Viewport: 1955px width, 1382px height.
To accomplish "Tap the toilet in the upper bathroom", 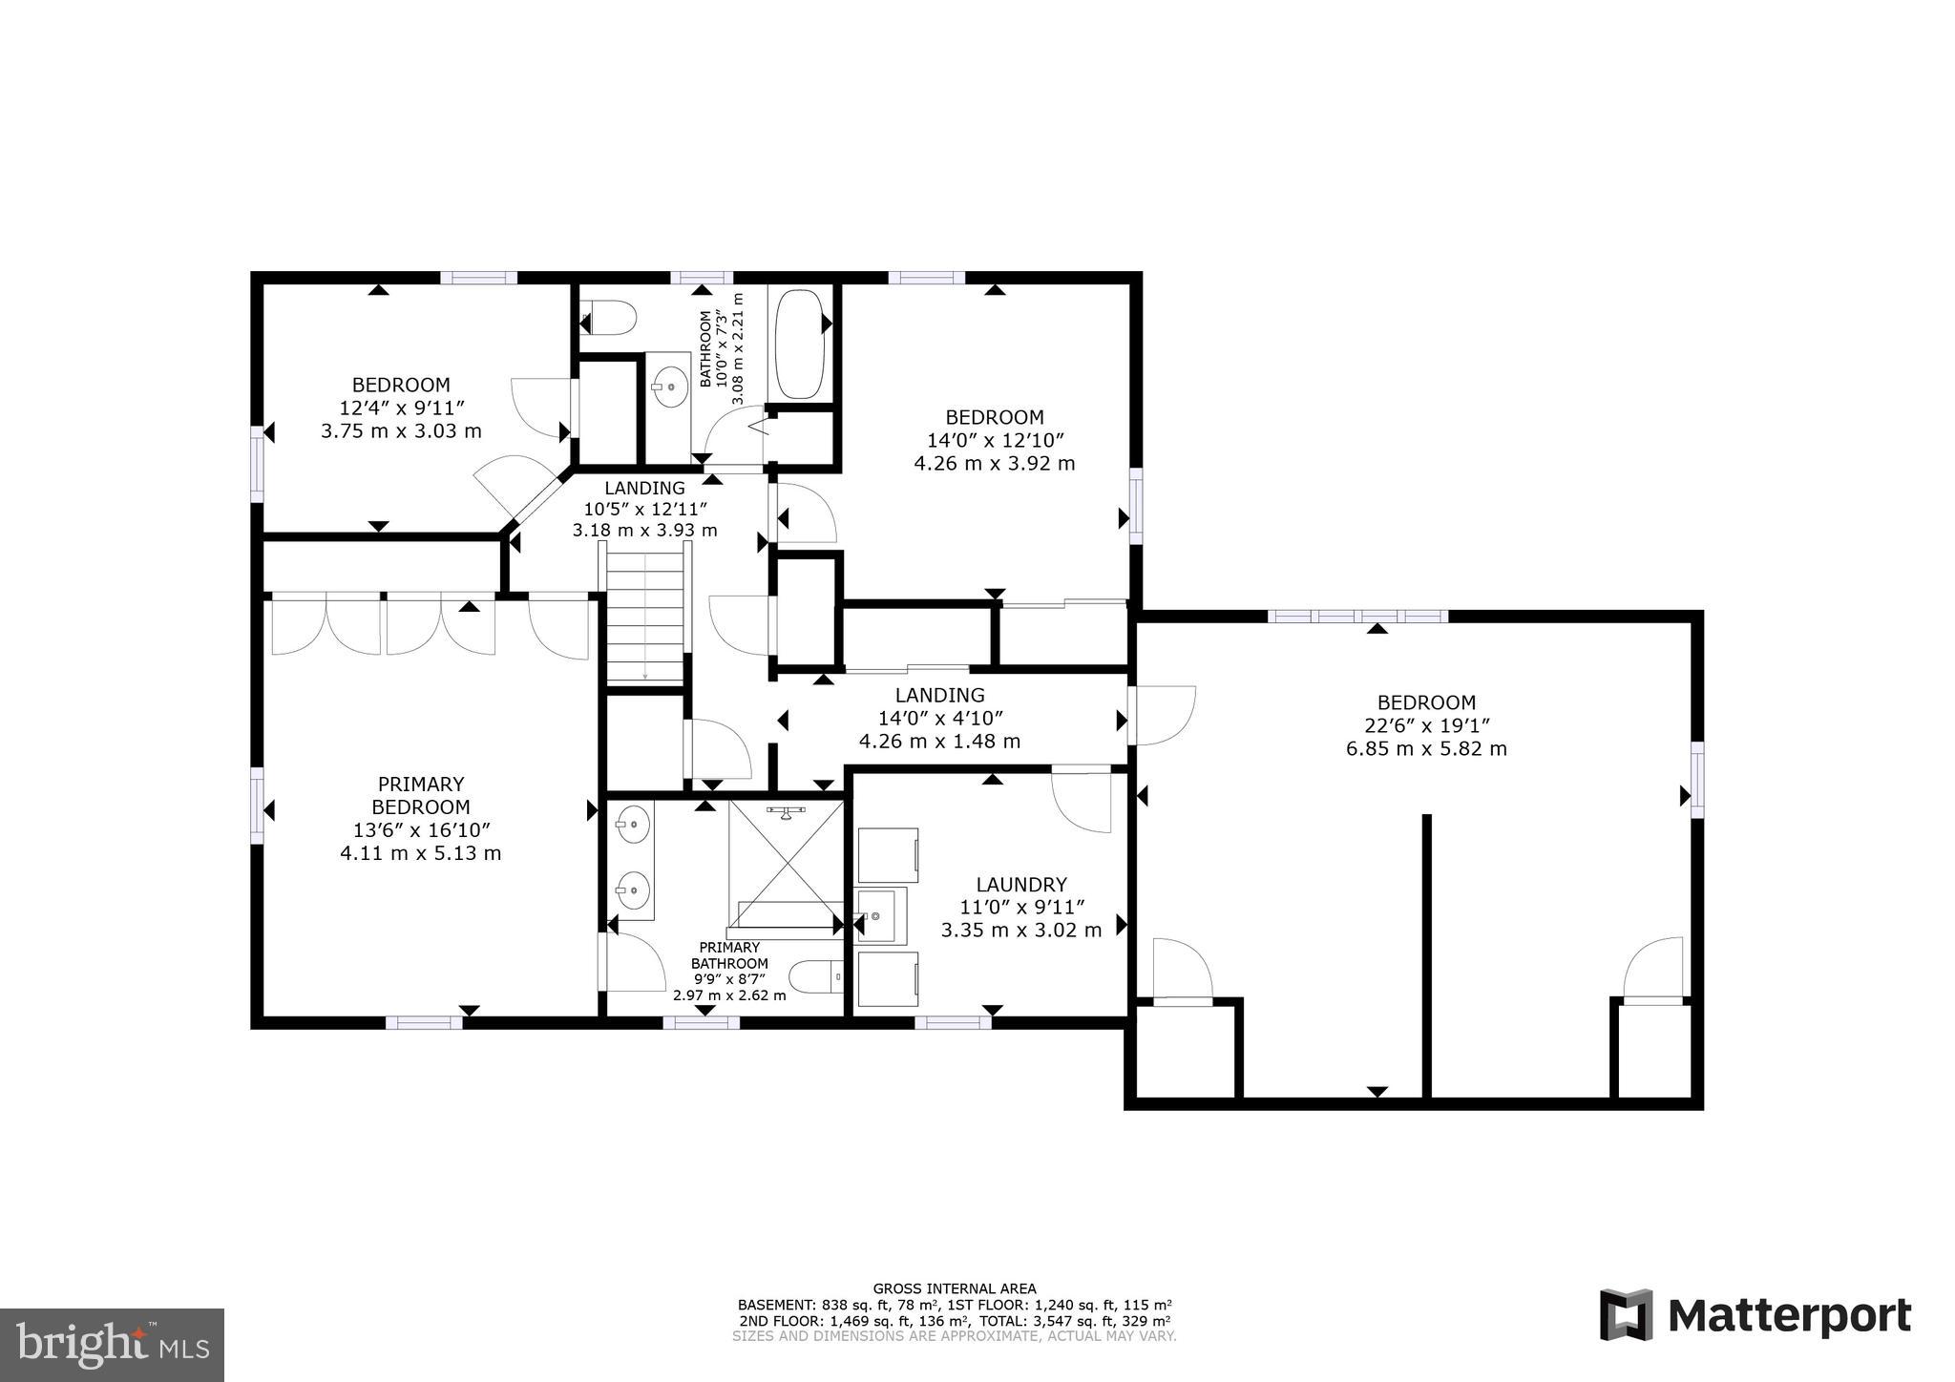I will coord(609,318).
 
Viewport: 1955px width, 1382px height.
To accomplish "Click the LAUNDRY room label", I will coord(1020,885).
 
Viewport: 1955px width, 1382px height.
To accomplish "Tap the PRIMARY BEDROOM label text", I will coord(421,795).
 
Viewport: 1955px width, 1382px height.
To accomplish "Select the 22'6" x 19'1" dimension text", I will coord(1426,725).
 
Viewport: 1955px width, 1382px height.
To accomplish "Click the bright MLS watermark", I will coord(112,1345).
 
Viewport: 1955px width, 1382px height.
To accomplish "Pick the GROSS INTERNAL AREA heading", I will coord(954,1288).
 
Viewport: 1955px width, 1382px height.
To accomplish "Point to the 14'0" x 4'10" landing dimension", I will coord(940,718).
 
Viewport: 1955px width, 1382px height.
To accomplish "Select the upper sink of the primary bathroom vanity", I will coord(631,824).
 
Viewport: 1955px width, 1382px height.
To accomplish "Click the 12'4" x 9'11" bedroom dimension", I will coord(401,408).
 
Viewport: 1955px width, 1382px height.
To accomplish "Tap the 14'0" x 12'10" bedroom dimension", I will coord(995,440).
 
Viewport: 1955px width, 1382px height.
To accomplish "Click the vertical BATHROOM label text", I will coord(706,348).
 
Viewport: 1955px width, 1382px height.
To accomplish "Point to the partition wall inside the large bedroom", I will coord(1426,954).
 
